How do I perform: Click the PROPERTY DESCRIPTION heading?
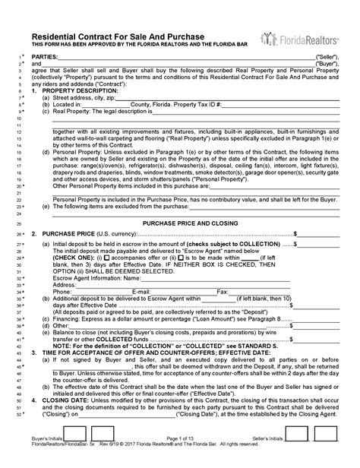(x=79, y=90)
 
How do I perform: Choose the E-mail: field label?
(x=141, y=291)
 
